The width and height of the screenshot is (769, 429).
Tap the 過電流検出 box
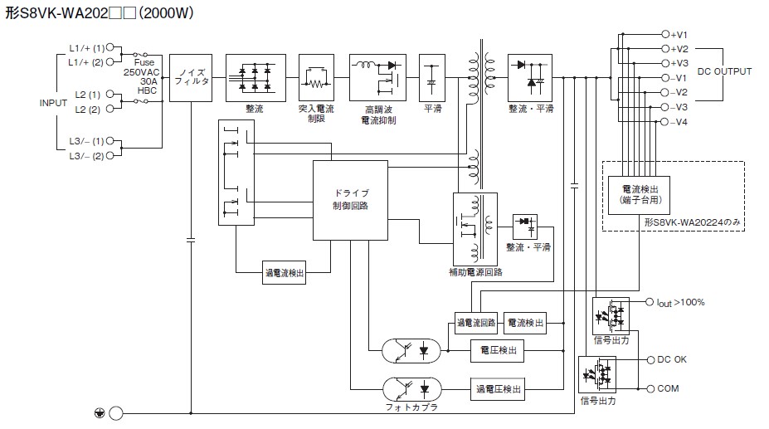[285, 273]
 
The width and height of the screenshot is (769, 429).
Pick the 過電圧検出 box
[498, 389]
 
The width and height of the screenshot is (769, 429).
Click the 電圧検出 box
[497, 350]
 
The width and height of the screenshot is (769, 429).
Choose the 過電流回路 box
[476, 323]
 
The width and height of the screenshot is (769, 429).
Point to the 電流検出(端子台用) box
[639, 195]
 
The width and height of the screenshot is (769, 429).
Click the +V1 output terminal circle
[665, 34]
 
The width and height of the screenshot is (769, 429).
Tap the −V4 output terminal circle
[665, 122]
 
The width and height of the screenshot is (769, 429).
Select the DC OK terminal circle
[651, 360]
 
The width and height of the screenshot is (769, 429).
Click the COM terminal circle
[651, 388]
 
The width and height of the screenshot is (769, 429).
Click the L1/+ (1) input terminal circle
[110, 47]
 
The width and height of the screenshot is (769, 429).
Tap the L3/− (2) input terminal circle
[110, 156]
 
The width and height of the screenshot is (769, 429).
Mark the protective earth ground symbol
[100, 413]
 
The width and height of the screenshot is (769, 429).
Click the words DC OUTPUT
[724, 71]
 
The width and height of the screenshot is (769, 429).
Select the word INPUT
[53, 103]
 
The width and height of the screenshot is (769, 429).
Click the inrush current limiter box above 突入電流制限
[316, 77]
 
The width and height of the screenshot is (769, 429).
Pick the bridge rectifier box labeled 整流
[256, 77]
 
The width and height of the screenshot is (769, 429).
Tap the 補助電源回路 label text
[475, 272]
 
